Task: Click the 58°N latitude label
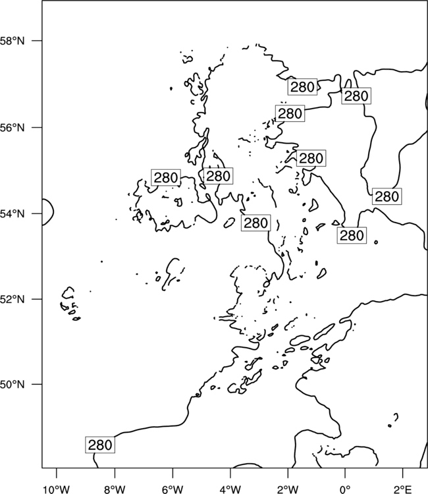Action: point(12,41)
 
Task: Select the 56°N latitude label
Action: point(12,128)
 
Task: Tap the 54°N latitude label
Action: point(12,214)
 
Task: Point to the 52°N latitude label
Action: point(12,299)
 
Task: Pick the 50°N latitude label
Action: point(12,385)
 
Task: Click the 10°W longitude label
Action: point(56,489)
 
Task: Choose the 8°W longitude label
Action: point(115,489)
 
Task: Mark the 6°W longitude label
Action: point(173,489)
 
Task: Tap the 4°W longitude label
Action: point(230,489)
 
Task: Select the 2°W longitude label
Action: point(288,489)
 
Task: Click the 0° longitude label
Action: point(345,489)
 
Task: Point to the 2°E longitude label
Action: point(403,489)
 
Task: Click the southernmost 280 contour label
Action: point(100,445)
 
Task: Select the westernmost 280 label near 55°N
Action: point(166,178)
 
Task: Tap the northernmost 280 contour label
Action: point(302,87)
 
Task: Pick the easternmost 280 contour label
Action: point(387,196)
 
